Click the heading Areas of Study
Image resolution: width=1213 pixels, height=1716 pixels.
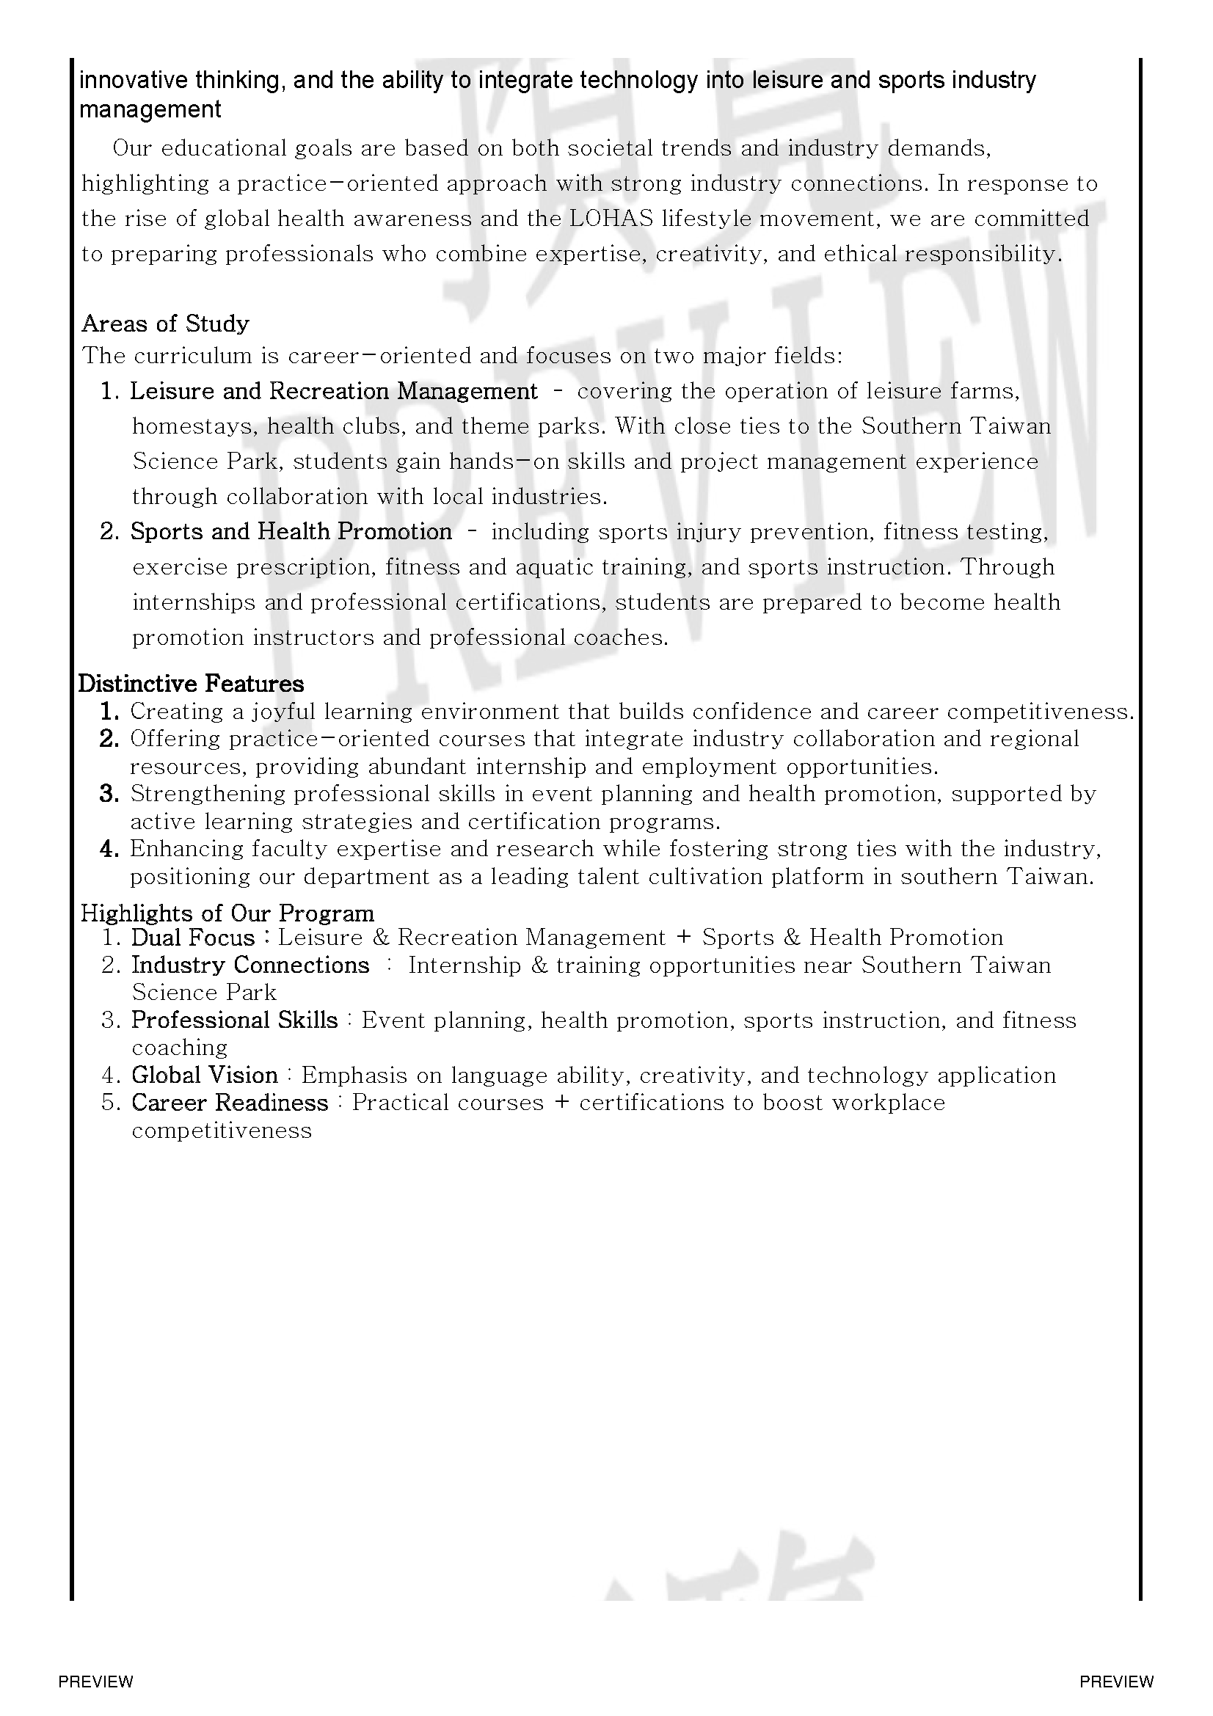click(165, 324)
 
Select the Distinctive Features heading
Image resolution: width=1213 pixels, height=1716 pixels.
click(192, 684)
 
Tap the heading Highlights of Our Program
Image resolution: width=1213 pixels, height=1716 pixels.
click(227, 913)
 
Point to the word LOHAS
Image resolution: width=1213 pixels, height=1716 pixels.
click(611, 219)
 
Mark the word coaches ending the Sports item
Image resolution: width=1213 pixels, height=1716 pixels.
click(619, 638)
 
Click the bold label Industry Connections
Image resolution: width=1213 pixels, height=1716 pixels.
click(250, 965)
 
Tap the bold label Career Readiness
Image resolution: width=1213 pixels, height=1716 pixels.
click(230, 1103)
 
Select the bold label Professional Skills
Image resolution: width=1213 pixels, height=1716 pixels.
click(235, 1021)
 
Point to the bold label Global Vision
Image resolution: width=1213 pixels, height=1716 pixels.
click(204, 1076)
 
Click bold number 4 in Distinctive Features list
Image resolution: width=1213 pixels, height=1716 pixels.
click(109, 849)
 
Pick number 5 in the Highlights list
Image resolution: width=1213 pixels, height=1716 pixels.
click(111, 1103)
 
